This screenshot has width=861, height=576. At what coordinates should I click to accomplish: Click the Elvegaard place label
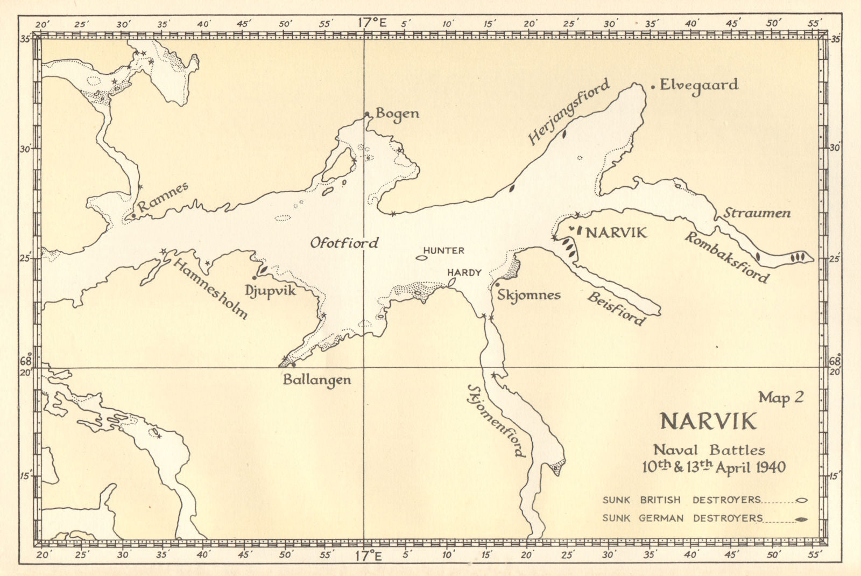[698, 85]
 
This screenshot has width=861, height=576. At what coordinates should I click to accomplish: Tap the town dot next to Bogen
[367, 114]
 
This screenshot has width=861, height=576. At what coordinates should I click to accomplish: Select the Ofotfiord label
[344, 243]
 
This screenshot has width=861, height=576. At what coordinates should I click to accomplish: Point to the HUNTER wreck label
[443, 250]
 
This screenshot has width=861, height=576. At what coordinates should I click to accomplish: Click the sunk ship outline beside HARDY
[451, 282]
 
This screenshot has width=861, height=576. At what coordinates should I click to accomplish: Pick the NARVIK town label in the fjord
[616, 233]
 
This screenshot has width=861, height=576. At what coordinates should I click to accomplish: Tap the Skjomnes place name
[528, 294]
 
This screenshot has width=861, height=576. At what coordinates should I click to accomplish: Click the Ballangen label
[317, 380]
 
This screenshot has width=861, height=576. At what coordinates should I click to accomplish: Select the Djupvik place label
[270, 290]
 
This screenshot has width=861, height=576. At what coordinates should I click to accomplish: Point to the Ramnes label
[163, 196]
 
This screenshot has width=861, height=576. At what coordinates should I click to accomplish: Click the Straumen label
[757, 213]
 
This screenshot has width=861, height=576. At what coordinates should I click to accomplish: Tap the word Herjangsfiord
[569, 111]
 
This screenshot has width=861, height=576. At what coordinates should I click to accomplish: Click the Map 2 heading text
[781, 397]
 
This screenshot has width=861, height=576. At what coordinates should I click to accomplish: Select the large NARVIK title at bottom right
[708, 421]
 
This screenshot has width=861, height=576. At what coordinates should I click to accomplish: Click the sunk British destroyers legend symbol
[802, 500]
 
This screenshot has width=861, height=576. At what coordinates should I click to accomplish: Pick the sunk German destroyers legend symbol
[802, 519]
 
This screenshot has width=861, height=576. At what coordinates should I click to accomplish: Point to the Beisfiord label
[616, 308]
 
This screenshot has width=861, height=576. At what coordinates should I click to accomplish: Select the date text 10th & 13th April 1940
[714, 467]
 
